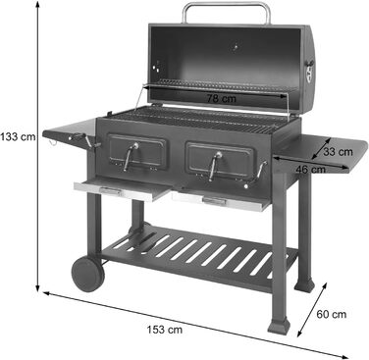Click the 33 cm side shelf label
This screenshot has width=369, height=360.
point(338,151)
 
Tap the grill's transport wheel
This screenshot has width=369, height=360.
point(85,271)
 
